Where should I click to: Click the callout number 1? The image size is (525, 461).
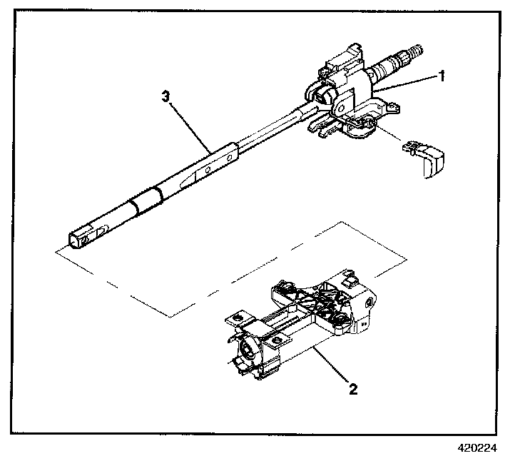(442, 76)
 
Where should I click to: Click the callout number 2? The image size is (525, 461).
(352, 389)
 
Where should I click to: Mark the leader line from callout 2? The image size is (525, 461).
(332, 368)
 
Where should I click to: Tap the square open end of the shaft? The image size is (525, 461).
(77, 239)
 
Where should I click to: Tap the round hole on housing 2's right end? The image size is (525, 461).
(368, 303)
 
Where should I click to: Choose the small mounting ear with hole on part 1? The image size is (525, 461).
(387, 106)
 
